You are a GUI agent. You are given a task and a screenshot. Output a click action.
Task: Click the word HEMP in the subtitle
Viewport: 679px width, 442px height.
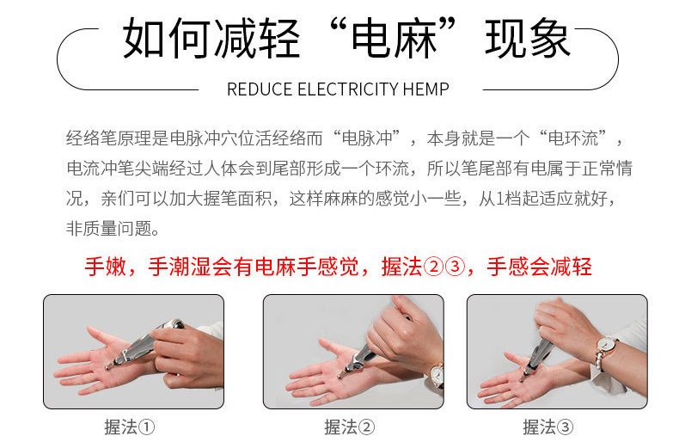click(425, 89)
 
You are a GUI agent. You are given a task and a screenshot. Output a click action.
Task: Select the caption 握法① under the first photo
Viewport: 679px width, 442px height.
click(130, 427)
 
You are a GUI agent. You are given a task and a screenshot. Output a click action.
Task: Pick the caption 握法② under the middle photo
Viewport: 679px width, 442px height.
click(350, 427)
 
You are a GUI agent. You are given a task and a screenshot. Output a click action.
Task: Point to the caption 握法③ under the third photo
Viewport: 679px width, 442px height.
click(547, 427)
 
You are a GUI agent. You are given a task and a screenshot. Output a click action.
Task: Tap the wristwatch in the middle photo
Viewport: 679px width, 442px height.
click(437, 374)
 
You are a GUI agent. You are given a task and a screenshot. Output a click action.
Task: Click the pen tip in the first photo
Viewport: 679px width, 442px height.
click(107, 367)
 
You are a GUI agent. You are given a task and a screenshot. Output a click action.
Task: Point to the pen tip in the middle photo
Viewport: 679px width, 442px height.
click(340, 376)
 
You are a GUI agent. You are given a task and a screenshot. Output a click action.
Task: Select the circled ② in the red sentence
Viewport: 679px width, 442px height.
click(433, 267)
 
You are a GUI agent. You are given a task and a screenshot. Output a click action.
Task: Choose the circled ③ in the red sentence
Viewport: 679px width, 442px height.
click(455, 267)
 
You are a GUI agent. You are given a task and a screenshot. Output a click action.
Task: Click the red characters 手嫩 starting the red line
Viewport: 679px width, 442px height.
click(106, 266)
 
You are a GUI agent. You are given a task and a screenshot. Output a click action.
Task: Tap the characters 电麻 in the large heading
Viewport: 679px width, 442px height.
click(394, 38)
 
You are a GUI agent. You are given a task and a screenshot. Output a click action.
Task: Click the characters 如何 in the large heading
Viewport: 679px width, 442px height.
click(166, 38)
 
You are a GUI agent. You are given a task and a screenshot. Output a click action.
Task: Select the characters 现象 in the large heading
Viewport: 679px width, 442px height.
click(528, 38)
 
